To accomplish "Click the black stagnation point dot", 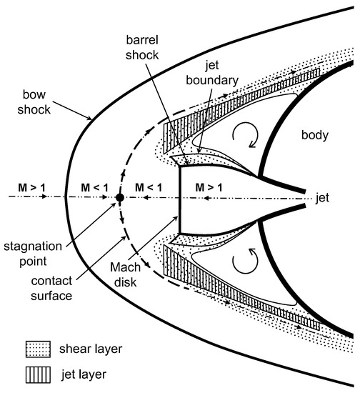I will [120, 196].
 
